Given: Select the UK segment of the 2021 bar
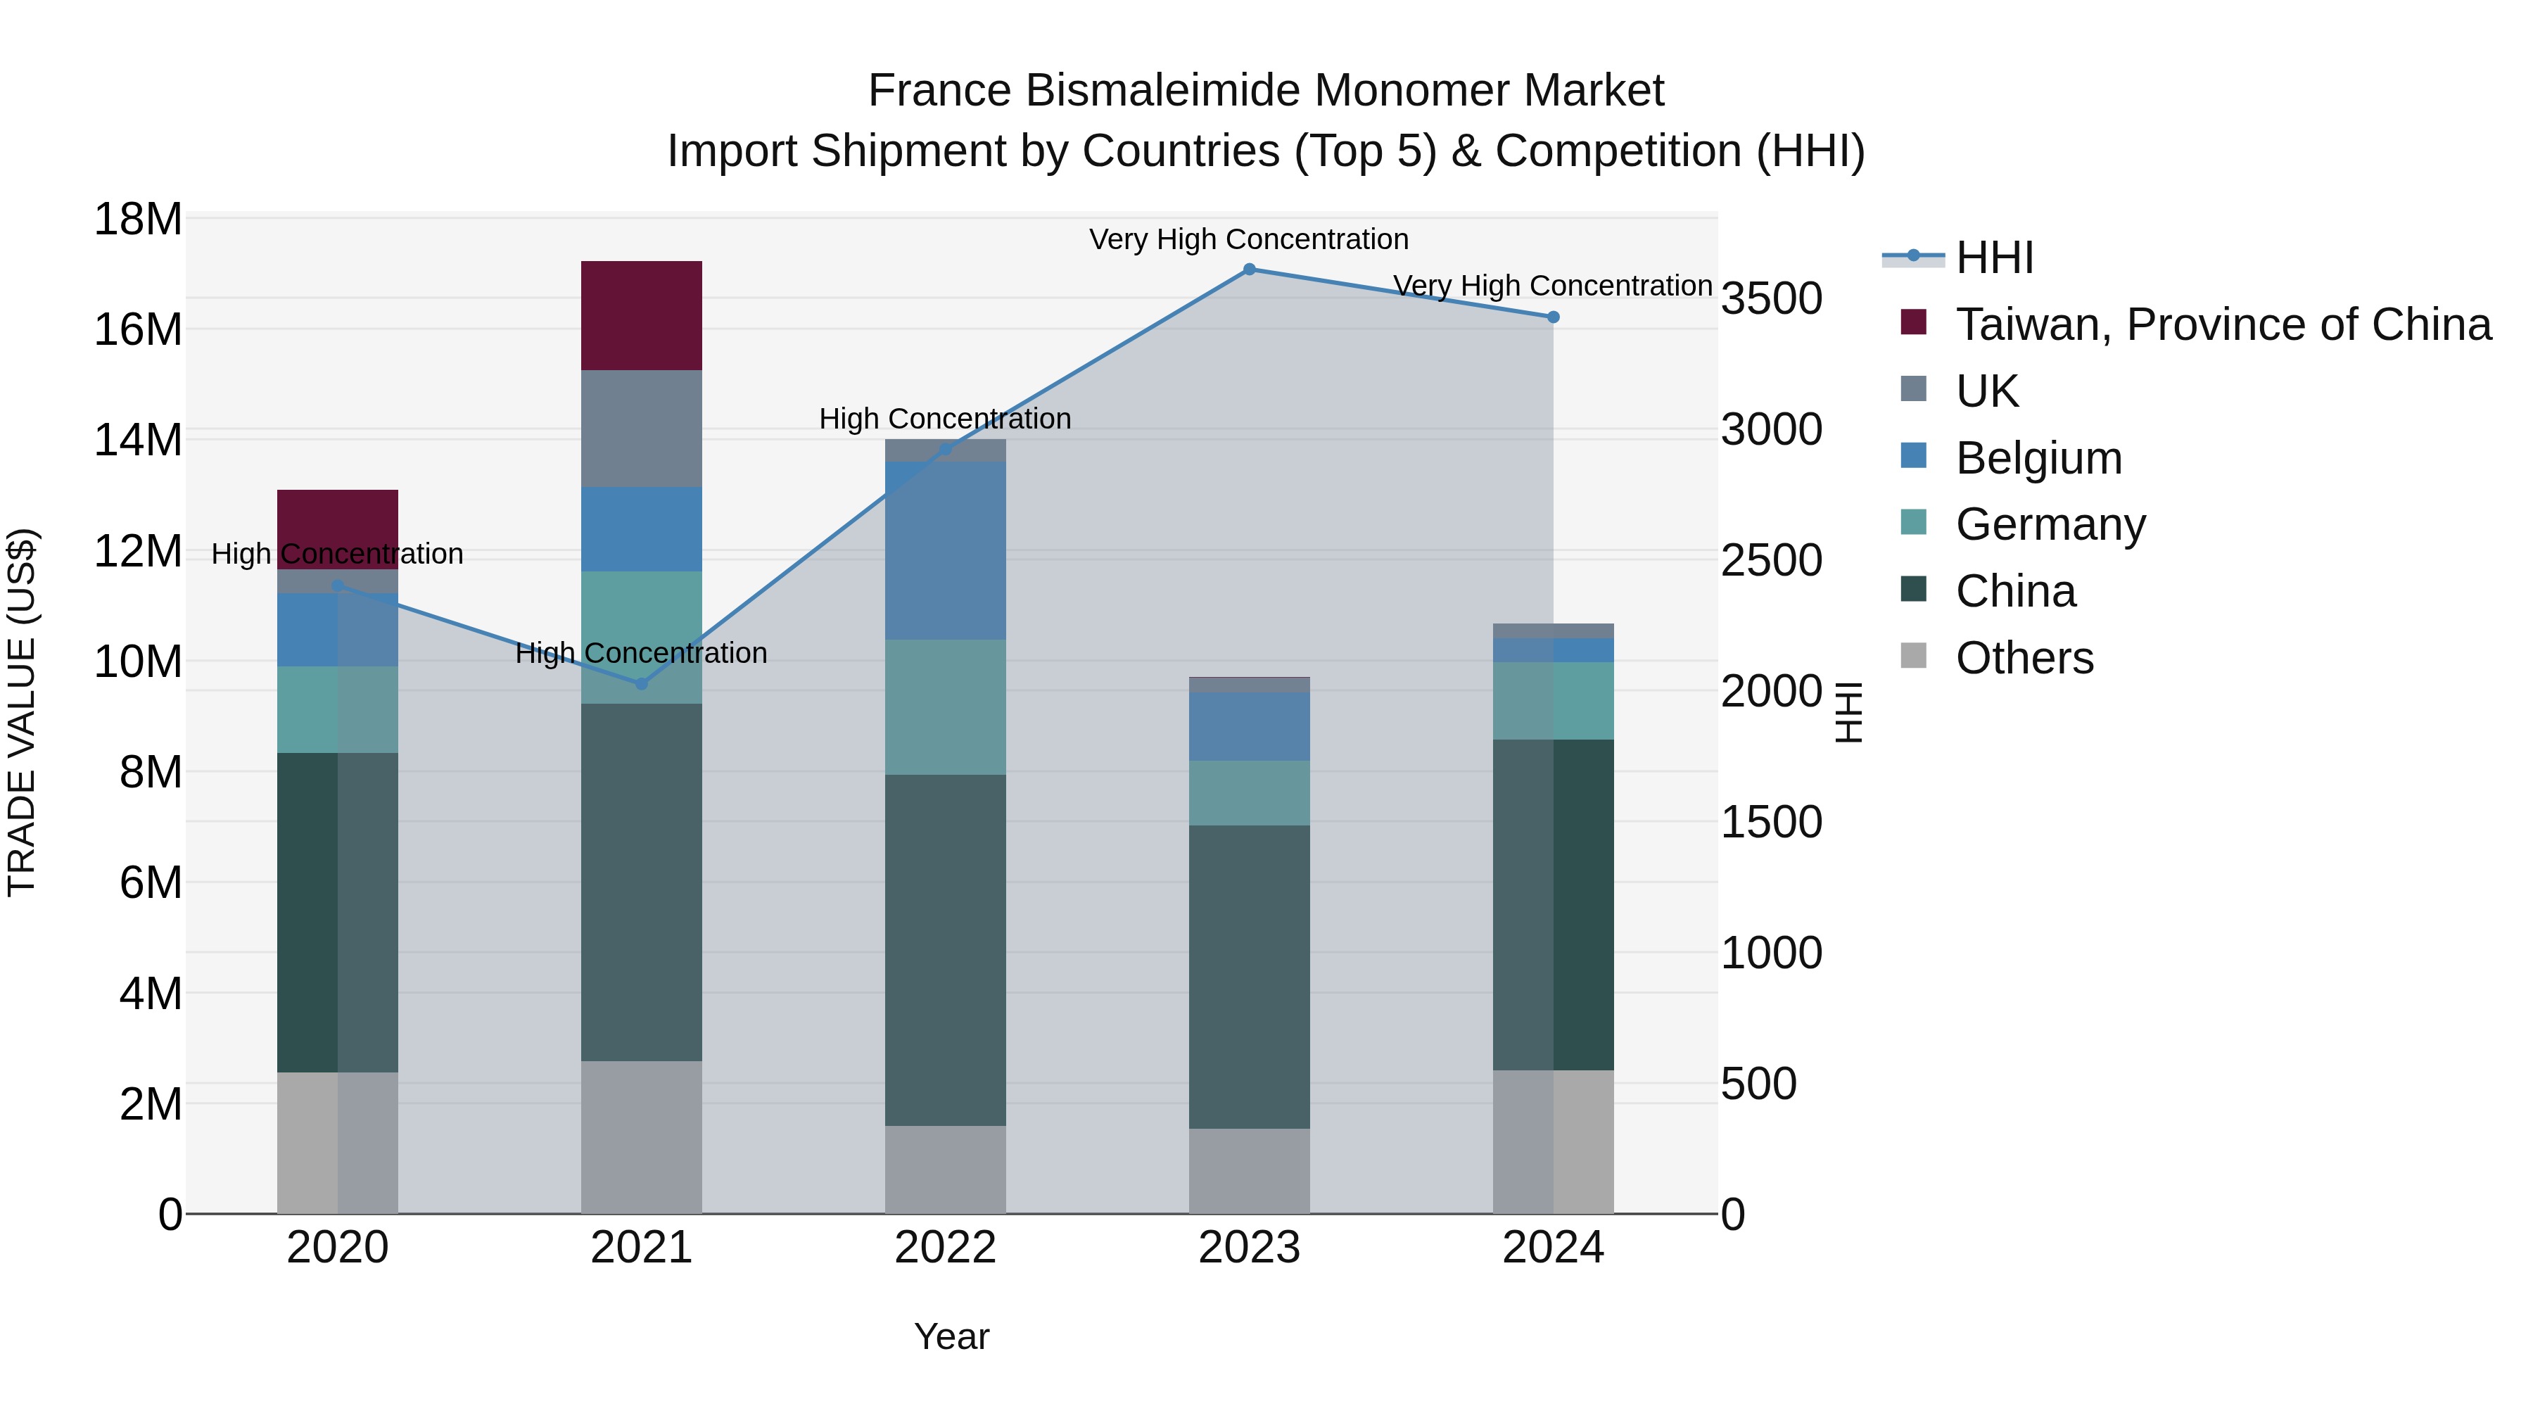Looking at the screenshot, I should point(641,428).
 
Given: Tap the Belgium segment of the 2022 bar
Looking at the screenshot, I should point(945,551).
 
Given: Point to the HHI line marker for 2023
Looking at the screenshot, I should point(1249,270).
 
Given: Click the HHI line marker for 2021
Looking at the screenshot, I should point(641,683).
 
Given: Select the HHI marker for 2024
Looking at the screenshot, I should point(1553,317).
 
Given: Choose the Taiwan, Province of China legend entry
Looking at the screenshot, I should point(2222,324).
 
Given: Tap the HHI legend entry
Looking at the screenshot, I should point(1993,258).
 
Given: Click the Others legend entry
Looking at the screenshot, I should point(2024,658).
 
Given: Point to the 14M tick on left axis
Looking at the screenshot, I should point(138,440).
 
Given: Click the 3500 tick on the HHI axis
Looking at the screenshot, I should point(1771,299).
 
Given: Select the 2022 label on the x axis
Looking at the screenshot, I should point(945,1248).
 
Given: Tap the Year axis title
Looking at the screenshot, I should point(951,1336).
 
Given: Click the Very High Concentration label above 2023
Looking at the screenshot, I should point(1249,239).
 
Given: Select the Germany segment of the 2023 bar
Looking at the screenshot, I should point(1249,792).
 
